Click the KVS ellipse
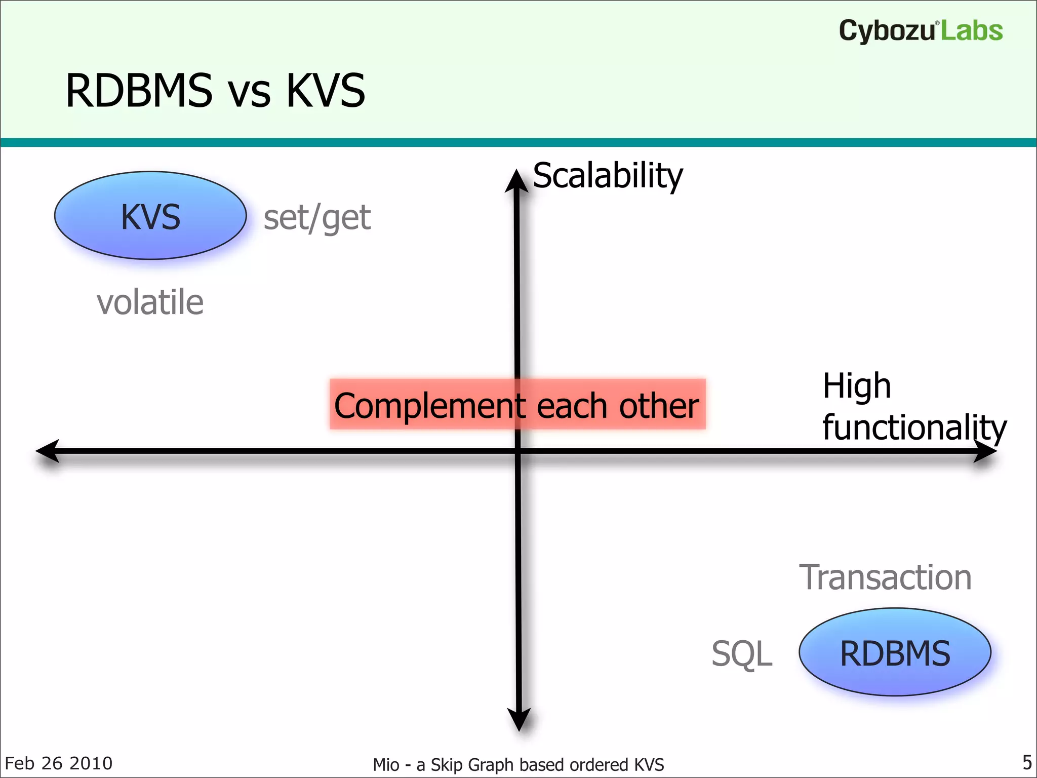150,216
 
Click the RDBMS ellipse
895,653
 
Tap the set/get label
317,218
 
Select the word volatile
150,302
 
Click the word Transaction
885,577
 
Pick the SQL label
741,654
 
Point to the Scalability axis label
608,176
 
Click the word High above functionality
856,386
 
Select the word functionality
914,428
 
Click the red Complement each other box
517,405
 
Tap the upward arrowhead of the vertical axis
516,181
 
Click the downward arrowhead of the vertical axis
519,719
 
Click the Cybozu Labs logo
921,30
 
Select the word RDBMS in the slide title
139,91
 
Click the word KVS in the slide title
326,91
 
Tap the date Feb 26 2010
58,763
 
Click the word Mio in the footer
386,765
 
